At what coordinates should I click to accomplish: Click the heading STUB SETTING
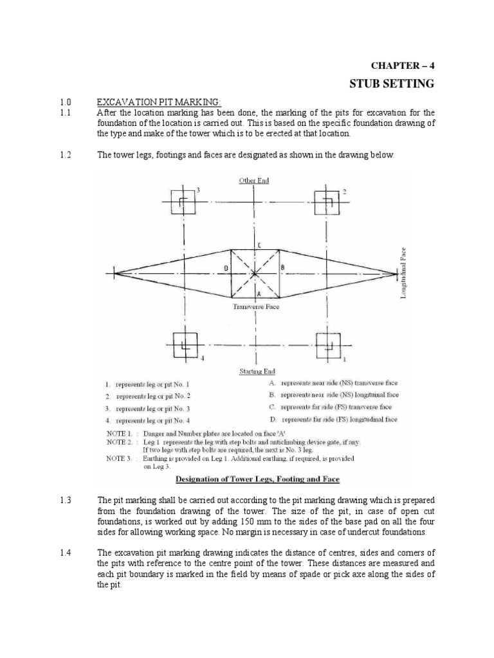(x=391, y=84)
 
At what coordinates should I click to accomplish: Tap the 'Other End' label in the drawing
(x=254, y=181)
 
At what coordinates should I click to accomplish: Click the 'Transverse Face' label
(x=256, y=307)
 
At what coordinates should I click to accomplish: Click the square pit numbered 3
(x=182, y=202)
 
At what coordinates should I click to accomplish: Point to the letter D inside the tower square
(x=225, y=267)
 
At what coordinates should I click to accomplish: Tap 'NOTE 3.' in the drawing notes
(x=120, y=459)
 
